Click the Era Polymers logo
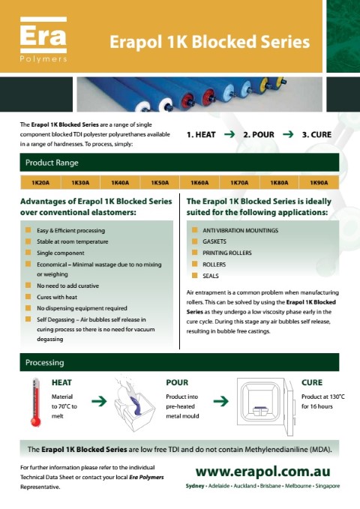click(x=43, y=39)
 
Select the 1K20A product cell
click(x=40, y=182)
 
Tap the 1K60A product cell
click(x=199, y=182)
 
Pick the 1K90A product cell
click(x=319, y=182)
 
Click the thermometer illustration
click(x=36, y=402)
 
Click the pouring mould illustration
click(x=134, y=404)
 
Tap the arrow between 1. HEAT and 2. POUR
click(x=229, y=134)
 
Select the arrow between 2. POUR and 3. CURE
click(x=288, y=134)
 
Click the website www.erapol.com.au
click(x=262, y=472)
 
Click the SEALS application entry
click(x=211, y=276)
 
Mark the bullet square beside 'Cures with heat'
click(x=28, y=297)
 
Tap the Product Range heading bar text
click(x=52, y=163)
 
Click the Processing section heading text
click(x=45, y=363)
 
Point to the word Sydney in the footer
click(x=195, y=486)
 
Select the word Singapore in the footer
click(x=328, y=486)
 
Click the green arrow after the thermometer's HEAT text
click(x=99, y=401)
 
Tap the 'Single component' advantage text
click(x=61, y=253)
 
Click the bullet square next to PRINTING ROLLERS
click(x=194, y=252)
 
